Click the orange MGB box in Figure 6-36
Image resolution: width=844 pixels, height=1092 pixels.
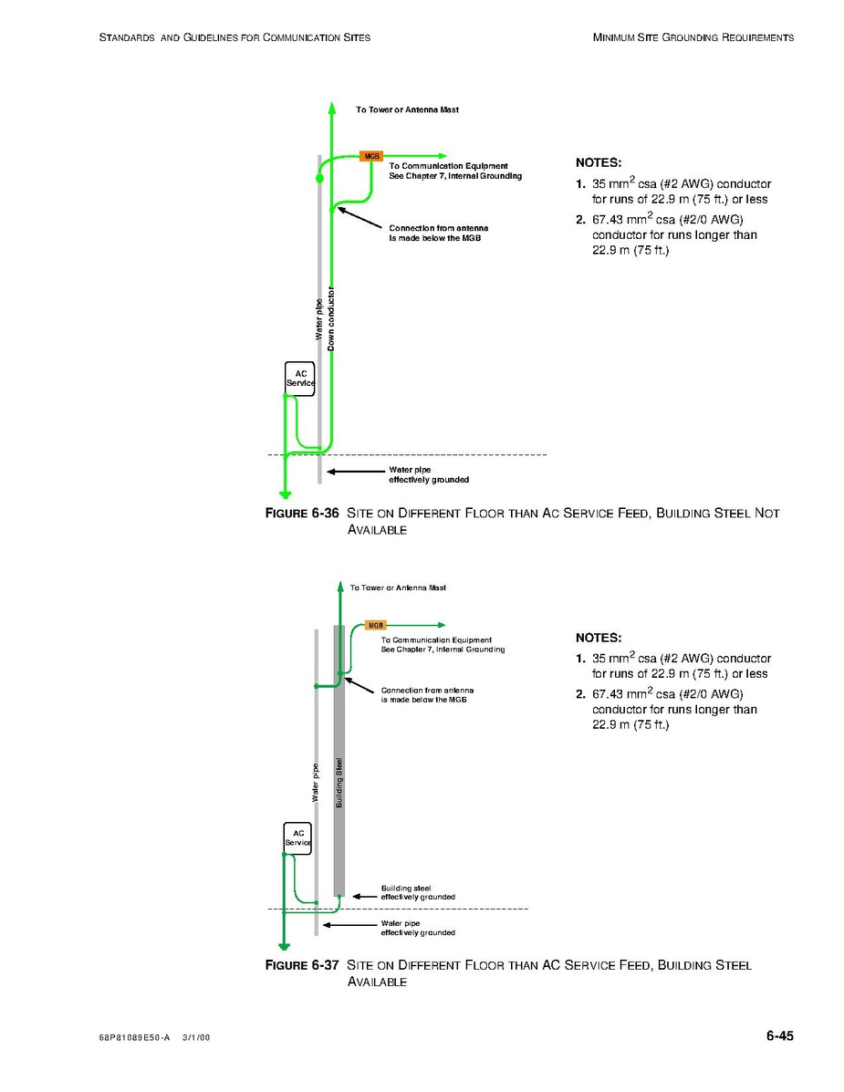point(370,156)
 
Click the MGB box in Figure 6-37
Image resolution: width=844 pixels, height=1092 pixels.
point(375,625)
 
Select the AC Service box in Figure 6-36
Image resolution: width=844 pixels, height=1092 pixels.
point(300,379)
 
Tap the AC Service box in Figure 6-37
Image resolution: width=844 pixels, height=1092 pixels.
point(297,837)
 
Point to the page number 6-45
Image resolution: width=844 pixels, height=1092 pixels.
point(779,1035)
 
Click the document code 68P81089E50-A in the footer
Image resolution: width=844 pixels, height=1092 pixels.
point(133,1037)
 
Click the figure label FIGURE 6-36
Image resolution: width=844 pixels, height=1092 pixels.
point(301,514)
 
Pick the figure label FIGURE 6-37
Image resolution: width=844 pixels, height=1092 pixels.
point(301,965)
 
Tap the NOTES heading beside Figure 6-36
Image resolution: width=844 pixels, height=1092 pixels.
point(599,162)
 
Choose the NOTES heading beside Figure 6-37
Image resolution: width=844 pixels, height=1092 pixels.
point(599,638)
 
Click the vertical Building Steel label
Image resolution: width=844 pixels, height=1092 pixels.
point(339,782)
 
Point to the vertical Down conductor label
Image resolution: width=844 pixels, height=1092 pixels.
point(331,319)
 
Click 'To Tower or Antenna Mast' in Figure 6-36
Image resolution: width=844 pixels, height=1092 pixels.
point(407,109)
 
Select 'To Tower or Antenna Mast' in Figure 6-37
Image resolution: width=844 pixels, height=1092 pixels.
point(398,588)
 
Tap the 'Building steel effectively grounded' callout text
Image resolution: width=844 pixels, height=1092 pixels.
point(417,892)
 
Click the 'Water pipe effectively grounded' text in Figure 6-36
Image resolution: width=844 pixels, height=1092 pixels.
point(429,474)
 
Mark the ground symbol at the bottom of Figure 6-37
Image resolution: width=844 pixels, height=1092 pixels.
point(284,946)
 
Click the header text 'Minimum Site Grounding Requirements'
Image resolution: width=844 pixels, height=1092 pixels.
point(693,37)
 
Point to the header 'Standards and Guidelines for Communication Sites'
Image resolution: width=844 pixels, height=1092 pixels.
point(234,37)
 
